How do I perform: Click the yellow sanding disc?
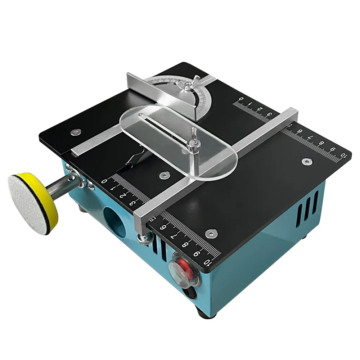(32, 203)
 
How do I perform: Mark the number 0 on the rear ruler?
(241, 99)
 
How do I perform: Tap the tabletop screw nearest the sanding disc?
(75, 132)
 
